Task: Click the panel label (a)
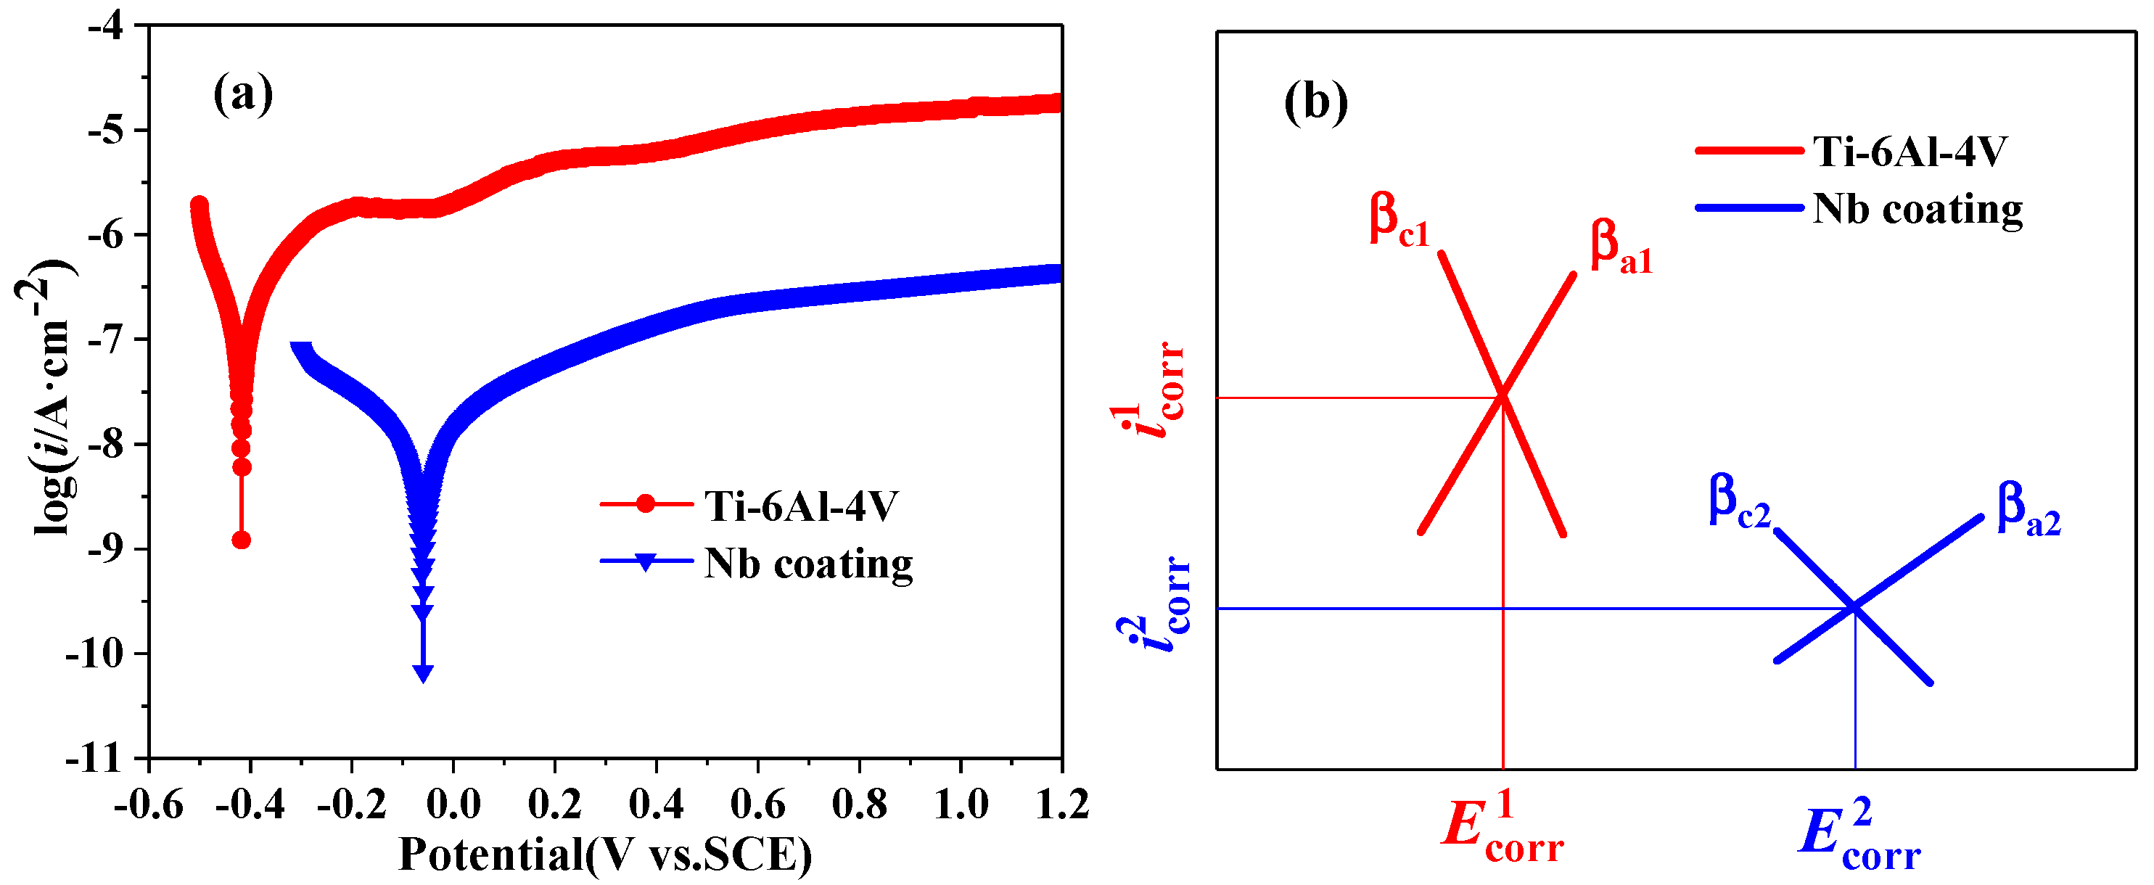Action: click(242, 94)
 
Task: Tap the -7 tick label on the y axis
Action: click(105, 339)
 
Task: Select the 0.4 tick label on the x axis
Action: click(656, 804)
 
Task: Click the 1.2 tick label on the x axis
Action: click(1061, 804)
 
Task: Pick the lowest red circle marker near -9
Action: click(241, 540)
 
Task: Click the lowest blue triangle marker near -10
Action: click(423, 672)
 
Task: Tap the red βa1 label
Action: click(1621, 247)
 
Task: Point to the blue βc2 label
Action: click(1738, 501)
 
